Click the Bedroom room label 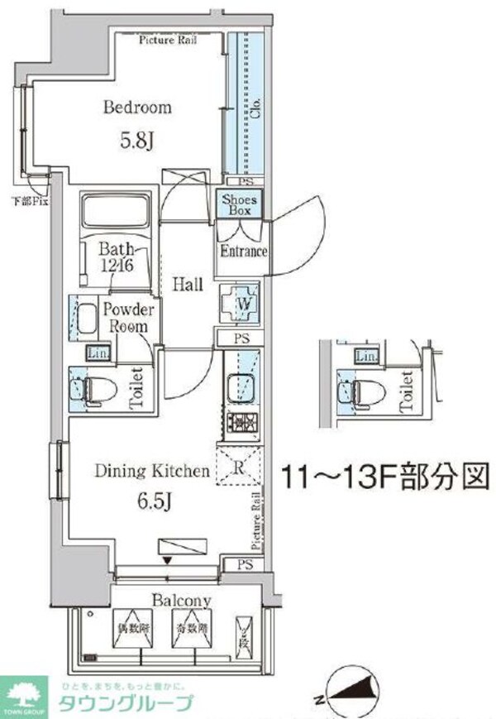click(x=137, y=108)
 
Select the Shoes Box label click(x=240, y=204)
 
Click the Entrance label click(x=242, y=252)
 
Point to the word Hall click(x=188, y=285)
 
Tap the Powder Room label click(x=128, y=318)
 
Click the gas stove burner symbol click(x=241, y=424)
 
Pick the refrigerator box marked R click(x=238, y=467)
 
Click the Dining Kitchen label click(x=151, y=472)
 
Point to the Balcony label click(x=181, y=601)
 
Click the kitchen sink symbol click(x=241, y=386)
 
